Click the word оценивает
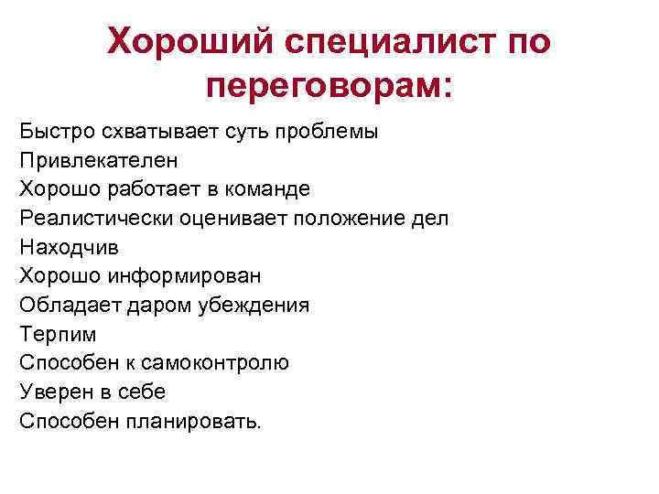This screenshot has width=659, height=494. [x=229, y=218]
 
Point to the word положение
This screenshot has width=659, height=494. [x=347, y=218]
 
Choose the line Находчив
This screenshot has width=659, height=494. [x=70, y=247]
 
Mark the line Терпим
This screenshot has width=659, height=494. [x=57, y=334]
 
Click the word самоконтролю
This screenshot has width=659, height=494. [x=219, y=362]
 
